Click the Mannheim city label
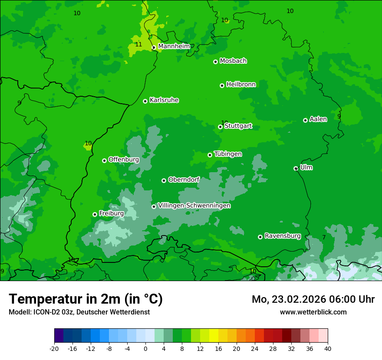click(174, 46)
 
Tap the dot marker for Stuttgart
click(220, 127)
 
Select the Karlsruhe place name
click(164, 100)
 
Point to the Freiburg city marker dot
click(95, 214)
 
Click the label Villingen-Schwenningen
click(194, 206)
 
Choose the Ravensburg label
click(283, 236)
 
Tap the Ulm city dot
click(296, 168)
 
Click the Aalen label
click(318, 119)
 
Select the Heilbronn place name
click(241, 85)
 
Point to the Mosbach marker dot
click(215, 62)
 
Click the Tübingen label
click(228, 154)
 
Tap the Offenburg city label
click(124, 160)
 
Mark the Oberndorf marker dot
click(164, 180)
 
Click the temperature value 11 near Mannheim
click(138, 45)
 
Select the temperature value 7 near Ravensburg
click(324, 237)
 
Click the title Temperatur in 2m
click(86, 299)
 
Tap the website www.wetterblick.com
click(313, 312)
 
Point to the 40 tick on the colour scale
click(327, 348)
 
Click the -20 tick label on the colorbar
click(54, 348)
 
